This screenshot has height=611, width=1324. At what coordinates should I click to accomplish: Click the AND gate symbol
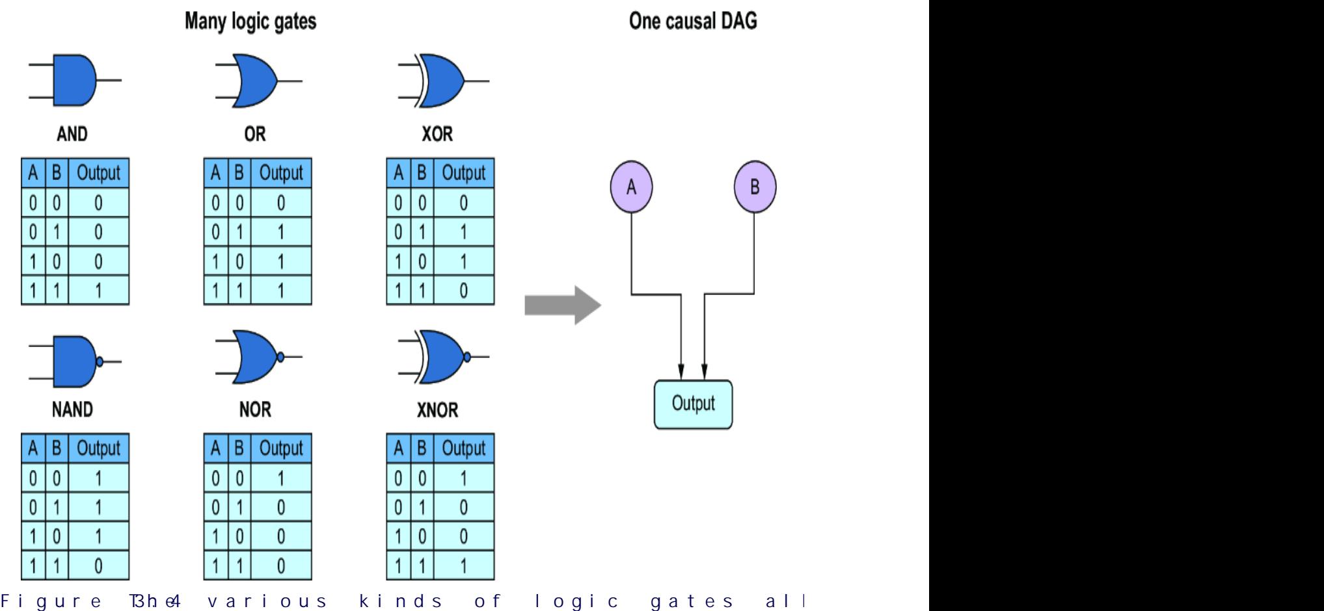74,81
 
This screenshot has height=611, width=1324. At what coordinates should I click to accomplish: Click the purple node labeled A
631,187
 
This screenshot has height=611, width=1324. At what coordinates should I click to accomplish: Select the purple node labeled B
755,187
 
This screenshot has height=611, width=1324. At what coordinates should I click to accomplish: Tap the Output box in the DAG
693,404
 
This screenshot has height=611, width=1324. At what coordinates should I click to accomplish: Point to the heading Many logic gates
250,21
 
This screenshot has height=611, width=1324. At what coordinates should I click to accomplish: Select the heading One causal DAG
693,21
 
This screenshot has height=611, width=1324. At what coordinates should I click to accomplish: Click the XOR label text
437,134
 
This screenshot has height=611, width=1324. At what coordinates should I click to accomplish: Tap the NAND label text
72,409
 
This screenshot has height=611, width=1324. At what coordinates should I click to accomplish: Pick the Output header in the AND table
99,174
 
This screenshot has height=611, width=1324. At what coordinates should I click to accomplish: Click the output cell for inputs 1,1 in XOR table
463,291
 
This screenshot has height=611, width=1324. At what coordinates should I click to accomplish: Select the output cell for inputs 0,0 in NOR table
281,478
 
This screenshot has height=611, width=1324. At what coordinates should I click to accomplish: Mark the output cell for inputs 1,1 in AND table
99,291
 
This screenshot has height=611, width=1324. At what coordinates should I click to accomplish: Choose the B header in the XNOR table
422,448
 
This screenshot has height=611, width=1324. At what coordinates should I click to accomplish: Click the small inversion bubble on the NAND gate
100,361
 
